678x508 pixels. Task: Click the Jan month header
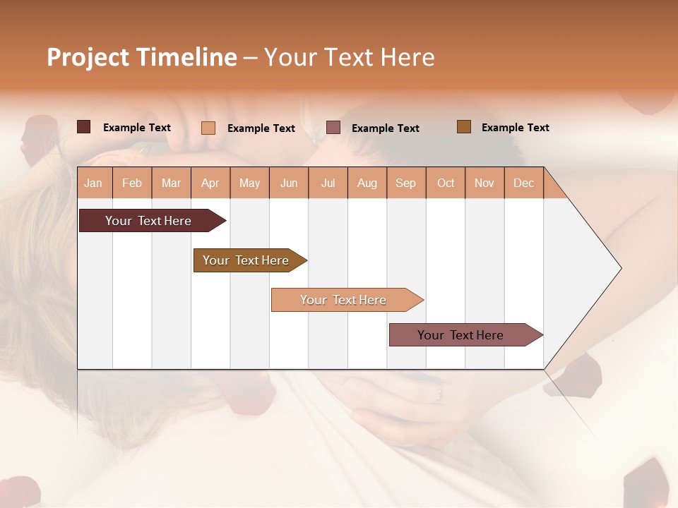93,183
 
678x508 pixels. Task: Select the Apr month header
210,183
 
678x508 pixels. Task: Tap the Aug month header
367,183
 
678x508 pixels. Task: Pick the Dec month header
523,183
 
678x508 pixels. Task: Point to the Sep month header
405,183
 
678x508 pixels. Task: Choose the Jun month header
289,183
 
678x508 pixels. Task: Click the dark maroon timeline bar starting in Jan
148,221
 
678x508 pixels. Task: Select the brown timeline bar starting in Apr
246,260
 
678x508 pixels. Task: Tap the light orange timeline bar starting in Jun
343,300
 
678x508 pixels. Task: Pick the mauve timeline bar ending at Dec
460,335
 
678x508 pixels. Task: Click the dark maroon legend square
84,127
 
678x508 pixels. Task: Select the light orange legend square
208,128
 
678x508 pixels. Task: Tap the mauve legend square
333,128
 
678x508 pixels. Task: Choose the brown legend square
463,127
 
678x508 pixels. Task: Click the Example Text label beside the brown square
515,128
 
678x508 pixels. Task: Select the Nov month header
484,183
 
